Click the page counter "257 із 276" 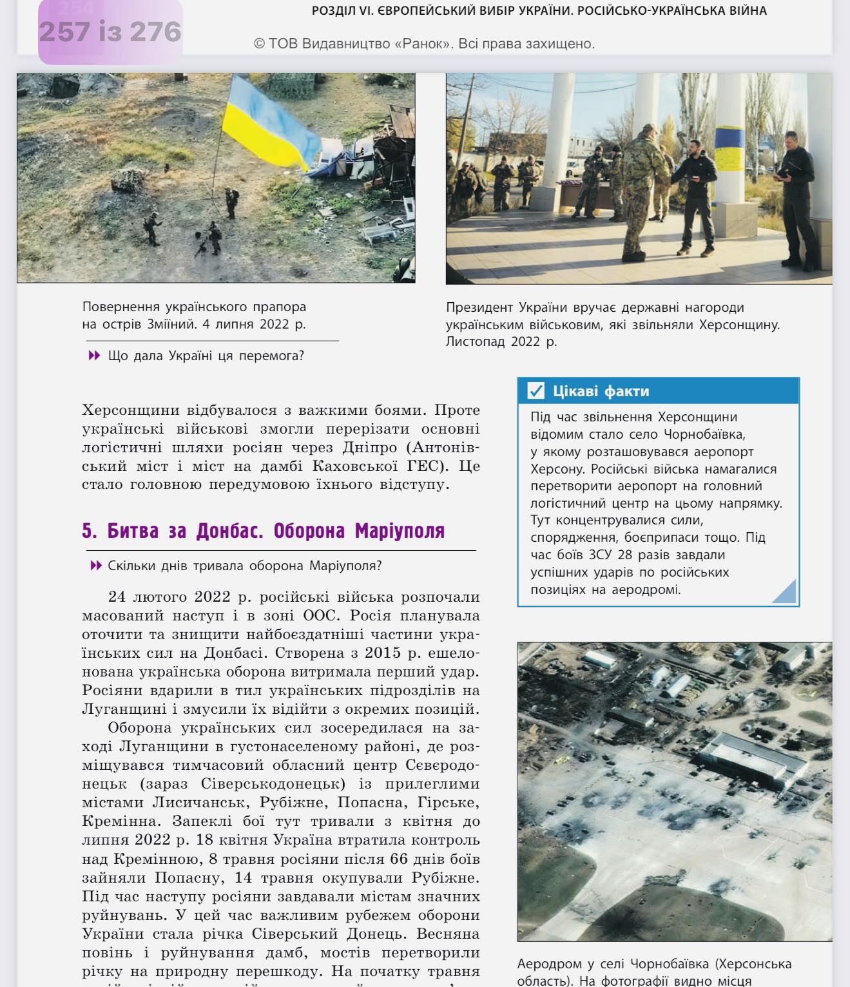click(110, 32)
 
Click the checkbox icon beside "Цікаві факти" click(536, 390)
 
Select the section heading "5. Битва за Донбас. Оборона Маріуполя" click(263, 531)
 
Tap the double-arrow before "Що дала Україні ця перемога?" click(94, 356)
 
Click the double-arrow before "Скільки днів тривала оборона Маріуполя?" click(96, 566)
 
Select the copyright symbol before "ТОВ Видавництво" click(260, 44)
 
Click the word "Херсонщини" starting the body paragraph click(124, 410)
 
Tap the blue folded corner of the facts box click(784, 591)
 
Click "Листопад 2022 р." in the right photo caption click(501, 341)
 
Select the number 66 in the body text click(399, 859)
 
